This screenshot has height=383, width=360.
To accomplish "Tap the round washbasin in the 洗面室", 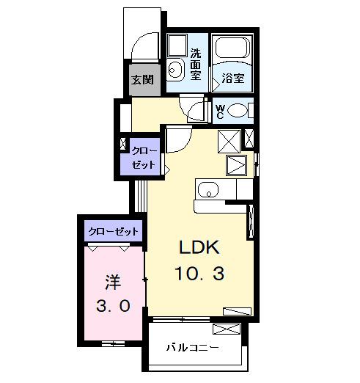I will (x=175, y=70).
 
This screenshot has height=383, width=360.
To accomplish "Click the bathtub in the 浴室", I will (x=232, y=51).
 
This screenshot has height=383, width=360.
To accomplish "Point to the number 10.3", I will (x=199, y=274).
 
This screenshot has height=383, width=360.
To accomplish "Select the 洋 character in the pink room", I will (x=112, y=282).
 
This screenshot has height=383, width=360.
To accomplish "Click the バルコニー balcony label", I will (x=191, y=347).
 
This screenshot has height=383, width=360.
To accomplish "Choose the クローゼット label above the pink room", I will (x=113, y=232).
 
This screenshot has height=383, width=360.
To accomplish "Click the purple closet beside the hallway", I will (x=143, y=156).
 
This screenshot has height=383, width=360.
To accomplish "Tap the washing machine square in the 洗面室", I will (x=177, y=46).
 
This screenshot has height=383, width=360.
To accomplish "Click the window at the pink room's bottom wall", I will (x=112, y=343).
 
